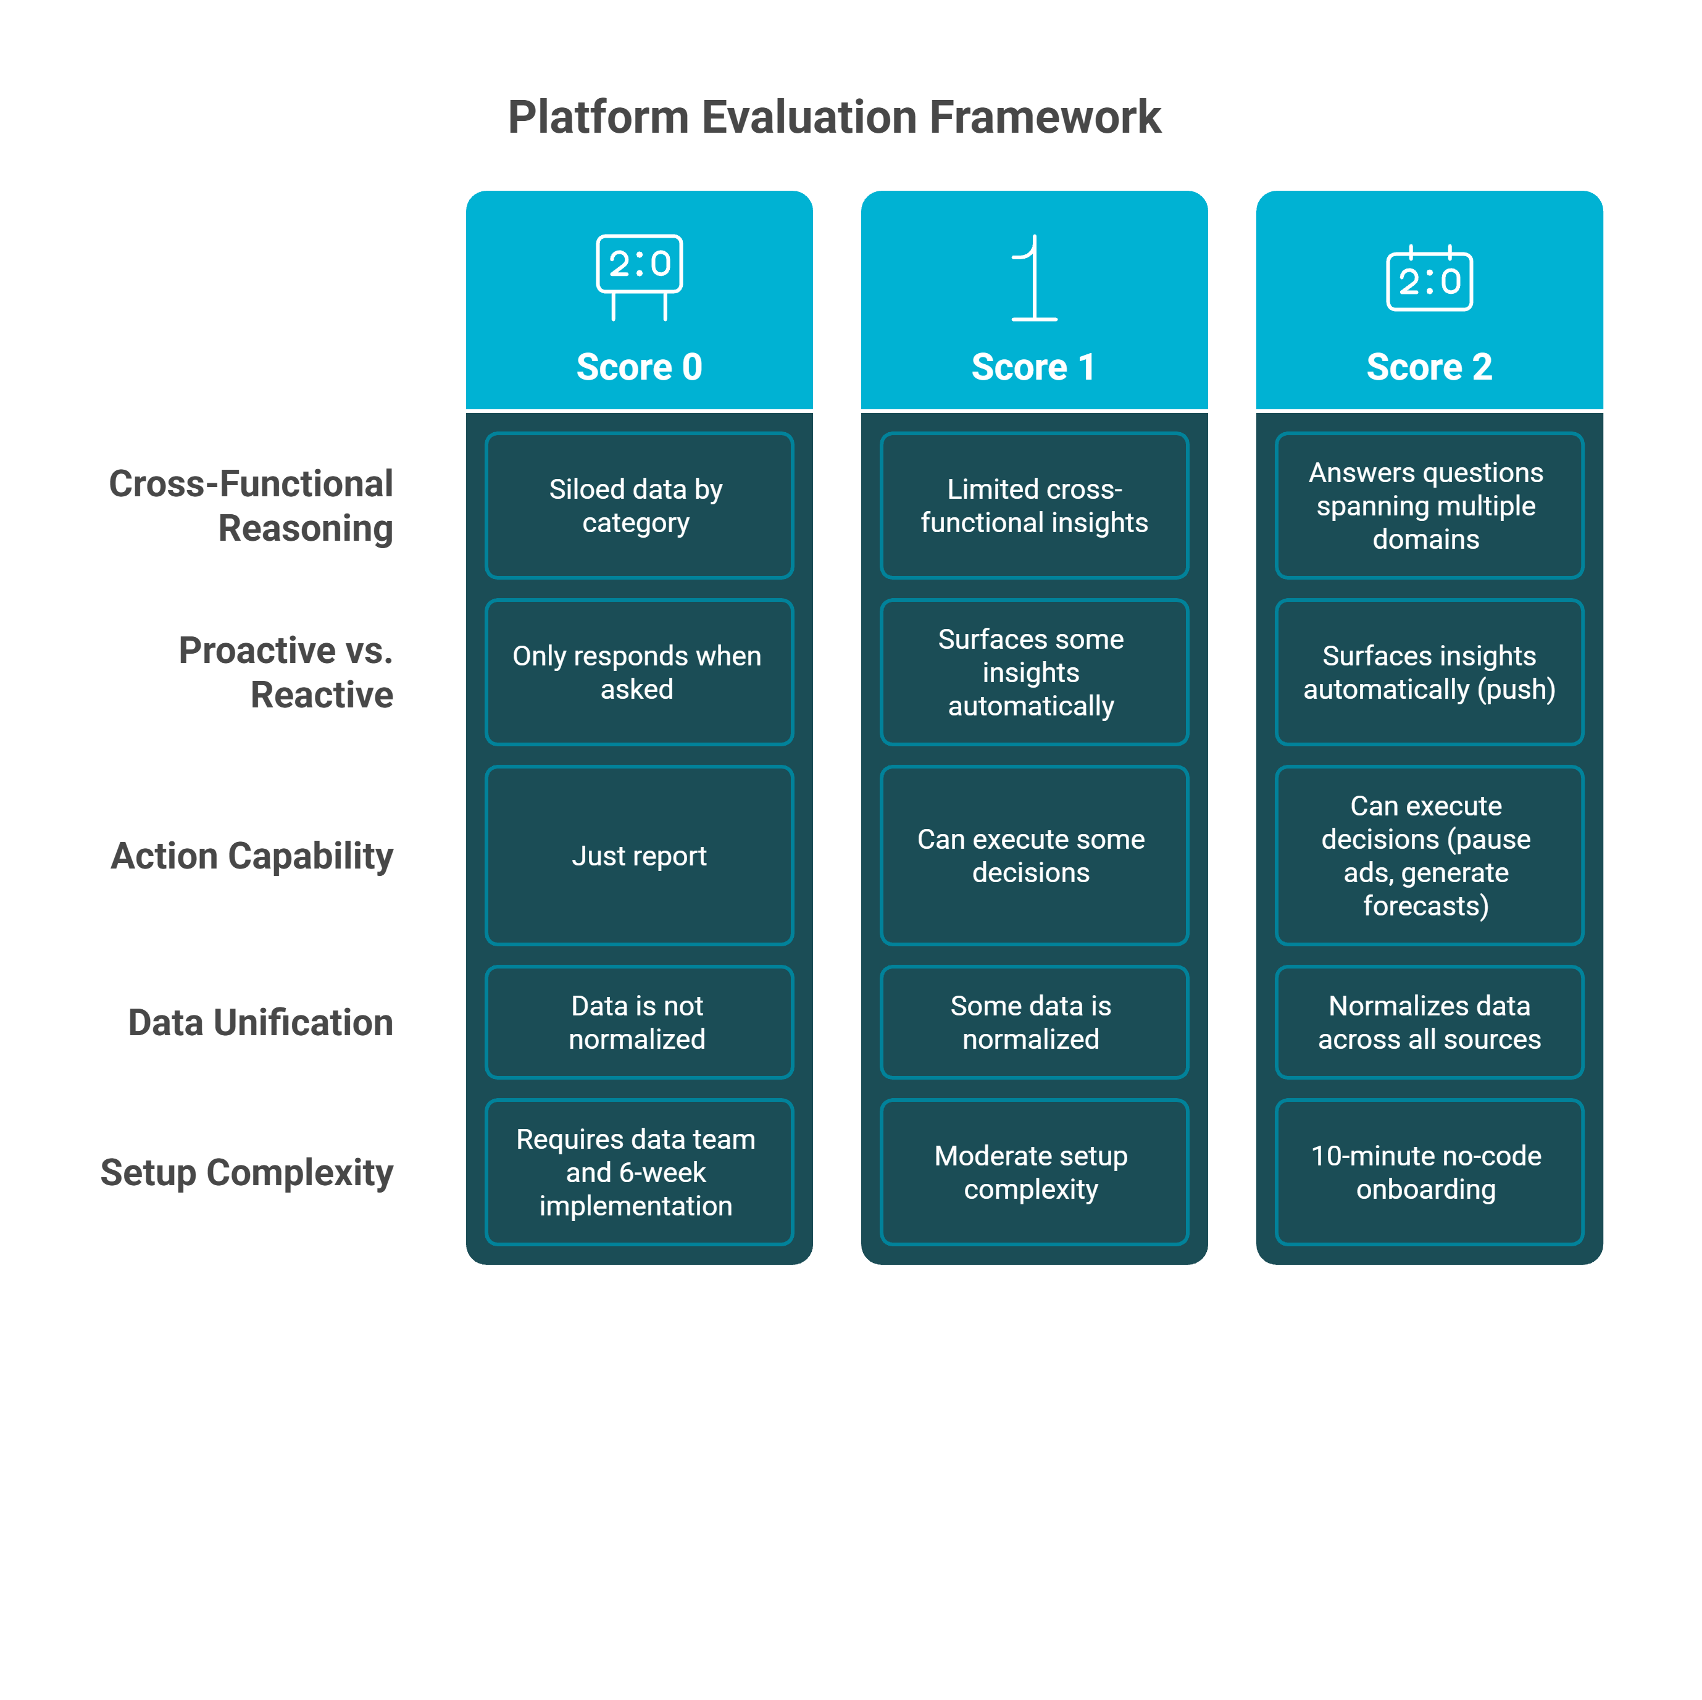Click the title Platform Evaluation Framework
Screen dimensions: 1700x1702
tap(834, 117)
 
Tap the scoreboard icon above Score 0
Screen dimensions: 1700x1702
tap(639, 276)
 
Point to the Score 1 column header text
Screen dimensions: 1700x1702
tap(1033, 367)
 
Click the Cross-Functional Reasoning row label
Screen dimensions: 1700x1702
tap(251, 506)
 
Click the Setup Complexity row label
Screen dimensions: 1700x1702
tap(247, 1172)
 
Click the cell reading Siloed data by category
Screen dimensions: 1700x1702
tap(639, 506)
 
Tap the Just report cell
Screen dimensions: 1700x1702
tap(639, 856)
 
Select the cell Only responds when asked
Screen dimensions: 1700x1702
tap(639, 672)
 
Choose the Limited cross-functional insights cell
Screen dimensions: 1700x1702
tap(1033, 506)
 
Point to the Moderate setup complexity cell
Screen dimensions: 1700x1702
tap(1033, 1172)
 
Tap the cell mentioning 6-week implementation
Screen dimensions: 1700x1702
tap(639, 1172)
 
